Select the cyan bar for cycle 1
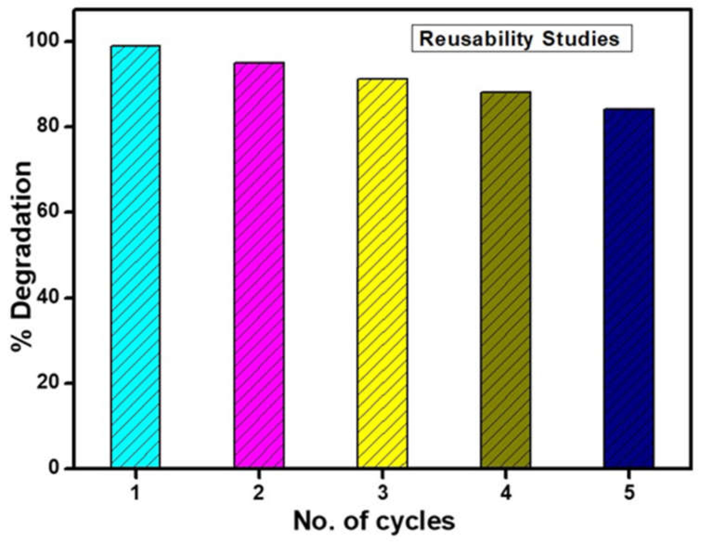(x=135, y=256)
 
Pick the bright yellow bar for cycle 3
(x=382, y=272)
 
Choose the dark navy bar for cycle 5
(x=629, y=288)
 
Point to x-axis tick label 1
(x=135, y=494)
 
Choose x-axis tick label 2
(x=259, y=494)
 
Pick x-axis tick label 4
(x=506, y=494)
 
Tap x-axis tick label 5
(x=629, y=494)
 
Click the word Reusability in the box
(x=476, y=39)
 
